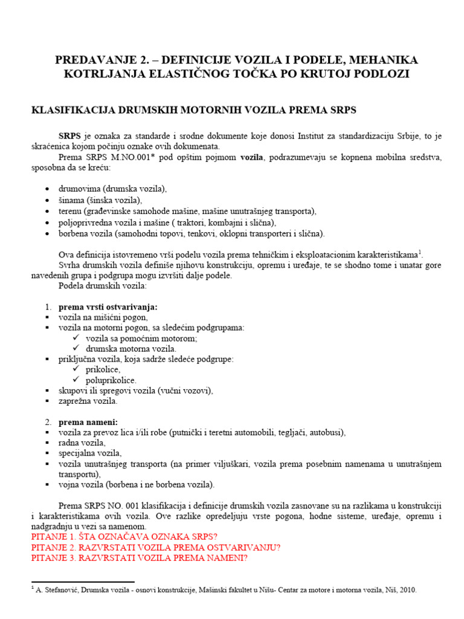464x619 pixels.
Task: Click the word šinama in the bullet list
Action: point(71,200)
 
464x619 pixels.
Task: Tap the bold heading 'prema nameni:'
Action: point(88,421)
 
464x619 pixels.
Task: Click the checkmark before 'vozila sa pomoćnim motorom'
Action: point(76,339)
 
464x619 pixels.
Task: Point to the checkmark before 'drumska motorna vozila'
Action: point(76,349)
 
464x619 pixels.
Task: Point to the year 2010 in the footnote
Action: point(407,590)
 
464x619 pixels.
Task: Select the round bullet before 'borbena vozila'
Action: point(48,234)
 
